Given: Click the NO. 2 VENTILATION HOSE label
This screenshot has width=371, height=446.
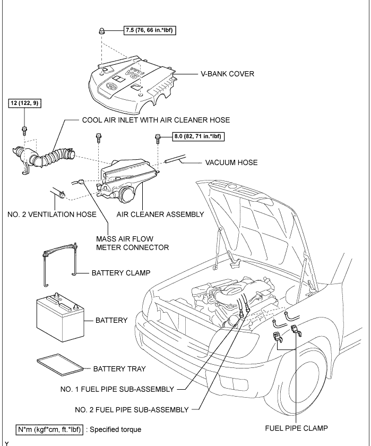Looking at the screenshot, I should pyautogui.click(x=51, y=215).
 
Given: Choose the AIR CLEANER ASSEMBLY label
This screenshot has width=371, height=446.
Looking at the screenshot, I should pyautogui.click(x=160, y=215).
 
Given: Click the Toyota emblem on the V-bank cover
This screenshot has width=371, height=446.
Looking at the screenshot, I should pyautogui.click(x=111, y=87).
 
